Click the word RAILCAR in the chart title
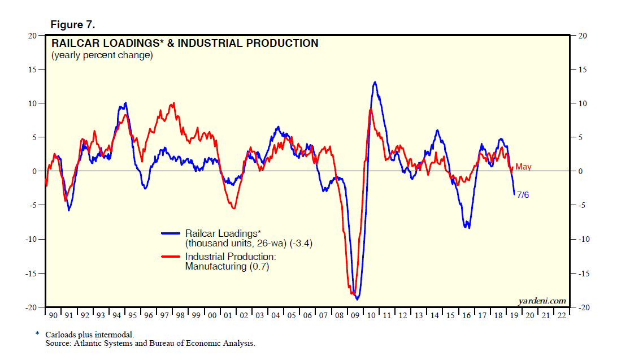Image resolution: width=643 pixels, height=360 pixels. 77,43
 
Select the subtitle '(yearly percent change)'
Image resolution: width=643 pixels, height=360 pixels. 102,55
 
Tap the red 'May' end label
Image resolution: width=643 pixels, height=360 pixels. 523,167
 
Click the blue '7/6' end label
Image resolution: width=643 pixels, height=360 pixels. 523,195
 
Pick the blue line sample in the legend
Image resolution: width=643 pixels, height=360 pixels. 172,233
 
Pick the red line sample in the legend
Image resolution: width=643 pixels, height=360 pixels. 172,256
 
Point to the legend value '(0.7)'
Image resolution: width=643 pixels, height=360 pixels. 258,266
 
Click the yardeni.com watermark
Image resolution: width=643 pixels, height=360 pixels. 542,301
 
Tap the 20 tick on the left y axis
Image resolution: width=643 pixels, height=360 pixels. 33,36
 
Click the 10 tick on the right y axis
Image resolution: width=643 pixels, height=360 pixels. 582,103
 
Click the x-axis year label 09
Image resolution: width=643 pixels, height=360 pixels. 355,315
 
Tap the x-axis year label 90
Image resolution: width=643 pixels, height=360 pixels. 53,315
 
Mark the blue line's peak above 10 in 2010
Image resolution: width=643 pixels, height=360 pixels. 375,83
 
